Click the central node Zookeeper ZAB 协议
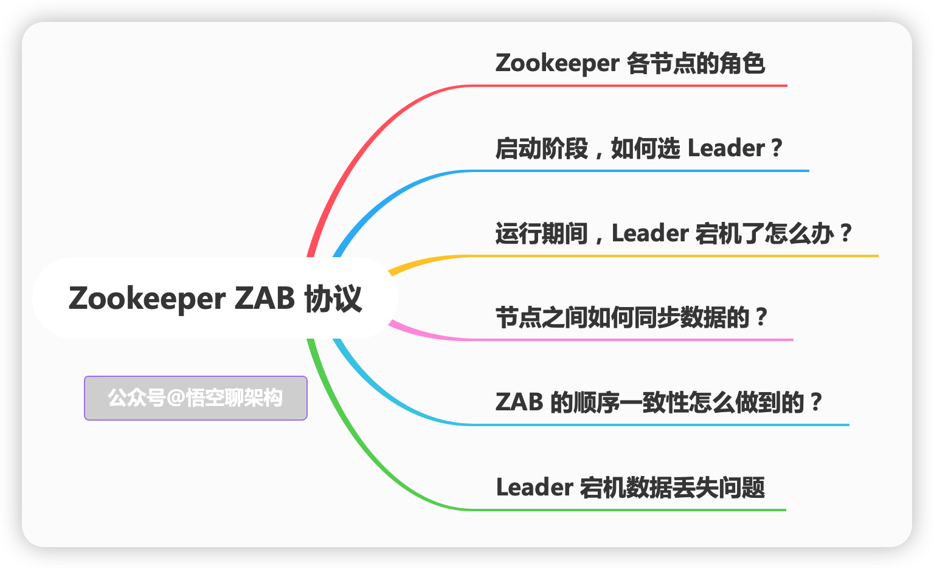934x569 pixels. click(x=215, y=298)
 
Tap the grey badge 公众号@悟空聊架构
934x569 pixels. click(x=195, y=398)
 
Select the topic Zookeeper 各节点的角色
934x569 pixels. click(x=630, y=63)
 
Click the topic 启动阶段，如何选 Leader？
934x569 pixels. click(x=638, y=148)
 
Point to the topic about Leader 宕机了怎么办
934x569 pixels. click(x=674, y=233)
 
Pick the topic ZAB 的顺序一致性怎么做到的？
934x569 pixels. click(x=659, y=402)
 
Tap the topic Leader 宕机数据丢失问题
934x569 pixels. click(x=630, y=488)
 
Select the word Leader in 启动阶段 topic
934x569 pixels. click(x=726, y=148)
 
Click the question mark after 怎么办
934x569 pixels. click(x=845, y=233)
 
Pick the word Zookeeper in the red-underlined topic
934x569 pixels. click(x=557, y=63)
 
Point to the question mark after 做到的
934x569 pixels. click(x=816, y=402)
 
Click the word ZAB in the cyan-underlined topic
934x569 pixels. click(x=519, y=402)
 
